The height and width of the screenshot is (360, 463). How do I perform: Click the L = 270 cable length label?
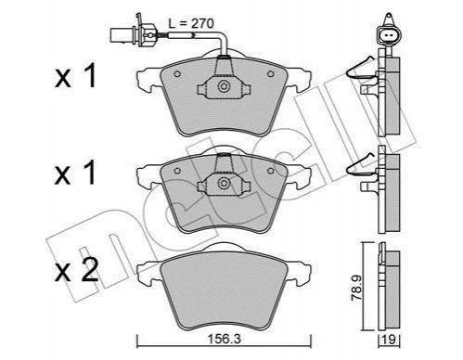191,23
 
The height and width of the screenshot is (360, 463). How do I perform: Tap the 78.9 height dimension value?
356,289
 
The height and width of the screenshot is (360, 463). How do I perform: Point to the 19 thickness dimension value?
390,340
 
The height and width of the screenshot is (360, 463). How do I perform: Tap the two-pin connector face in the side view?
388,36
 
